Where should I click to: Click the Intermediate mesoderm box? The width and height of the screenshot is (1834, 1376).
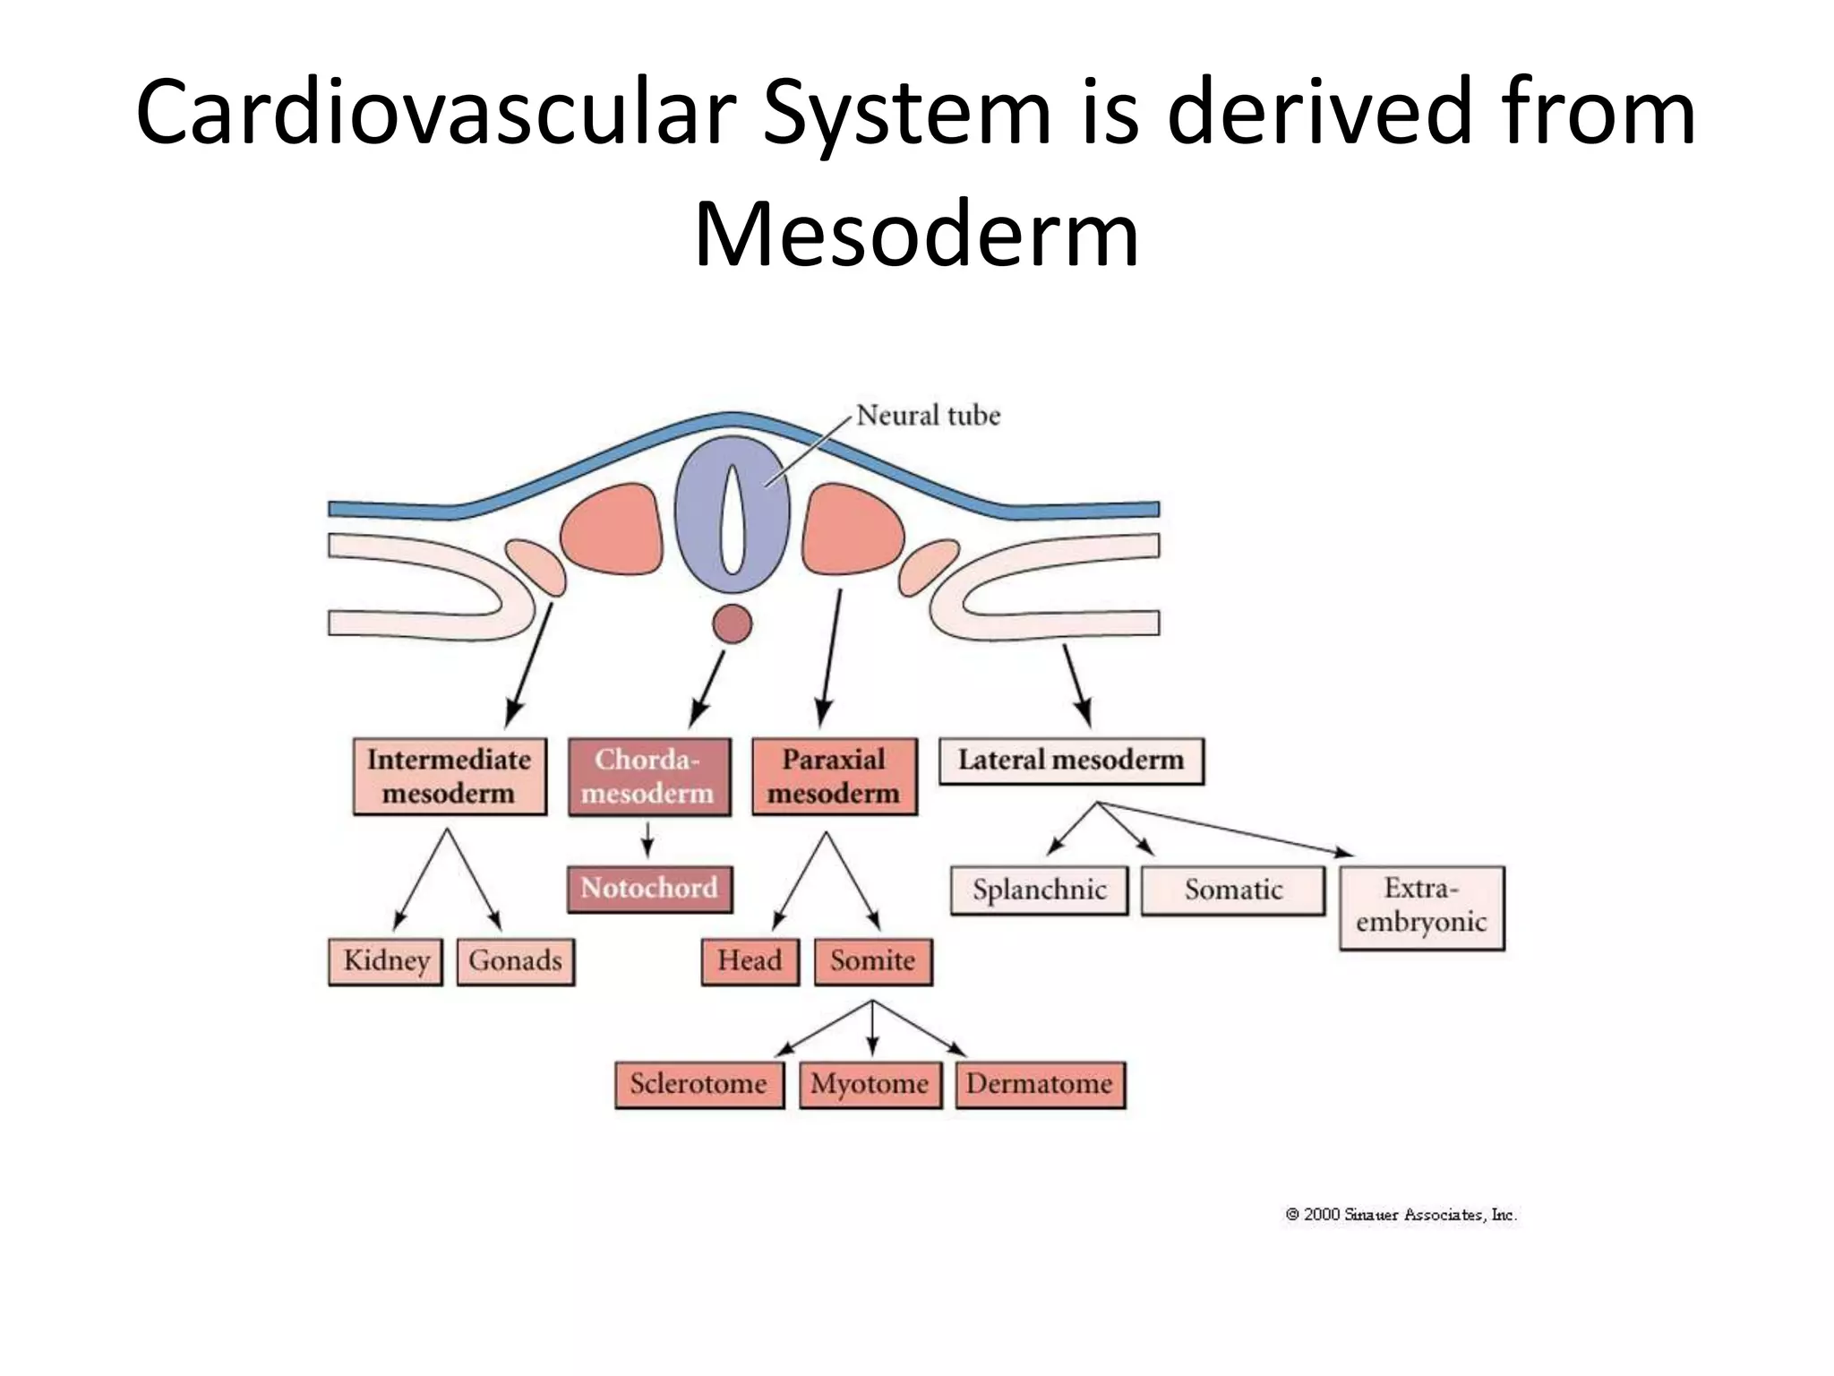pos(450,777)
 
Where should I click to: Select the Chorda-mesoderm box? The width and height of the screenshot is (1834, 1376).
pos(649,777)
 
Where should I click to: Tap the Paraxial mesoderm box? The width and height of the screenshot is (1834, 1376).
pos(835,777)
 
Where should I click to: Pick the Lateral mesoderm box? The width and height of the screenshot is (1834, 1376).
pos(1071,761)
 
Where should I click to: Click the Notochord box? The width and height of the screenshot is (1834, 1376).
pos(649,889)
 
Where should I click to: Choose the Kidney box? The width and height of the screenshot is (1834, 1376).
pos(386,961)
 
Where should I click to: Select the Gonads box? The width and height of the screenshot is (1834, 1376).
pos(516,961)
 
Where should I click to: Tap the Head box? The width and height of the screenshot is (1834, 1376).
pos(750,961)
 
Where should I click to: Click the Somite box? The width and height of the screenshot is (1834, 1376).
pos(873,961)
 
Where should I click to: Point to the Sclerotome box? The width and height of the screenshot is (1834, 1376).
pos(698,1084)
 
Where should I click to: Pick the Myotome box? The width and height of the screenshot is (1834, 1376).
pos(870,1084)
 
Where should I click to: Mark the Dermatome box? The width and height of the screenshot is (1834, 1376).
pos(1040,1084)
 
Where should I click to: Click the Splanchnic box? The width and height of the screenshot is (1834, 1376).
pos(1039,890)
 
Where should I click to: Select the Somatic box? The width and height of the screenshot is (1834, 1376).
pos(1233,890)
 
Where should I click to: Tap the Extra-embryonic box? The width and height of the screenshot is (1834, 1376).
pos(1422,907)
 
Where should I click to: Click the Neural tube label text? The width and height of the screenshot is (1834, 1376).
pos(928,416)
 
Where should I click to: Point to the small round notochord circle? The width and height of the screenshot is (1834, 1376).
pos(733,623)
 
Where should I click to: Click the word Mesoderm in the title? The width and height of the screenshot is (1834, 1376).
pos(916,235)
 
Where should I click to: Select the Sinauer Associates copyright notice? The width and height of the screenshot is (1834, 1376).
pos(1401,1215)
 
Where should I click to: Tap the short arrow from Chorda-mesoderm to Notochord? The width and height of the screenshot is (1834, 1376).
pos(647,840)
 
